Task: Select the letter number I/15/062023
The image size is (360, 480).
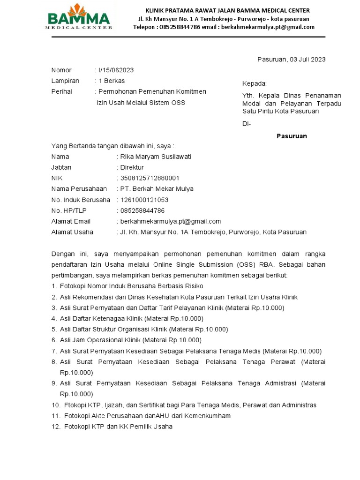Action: coord(116,70)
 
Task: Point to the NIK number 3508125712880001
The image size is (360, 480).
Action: coord(150,178)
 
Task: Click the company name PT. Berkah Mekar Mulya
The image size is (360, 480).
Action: coord(157,189)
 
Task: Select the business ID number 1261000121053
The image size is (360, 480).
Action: coord(144,200)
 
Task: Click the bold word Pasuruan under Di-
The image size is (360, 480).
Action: coord(292,136)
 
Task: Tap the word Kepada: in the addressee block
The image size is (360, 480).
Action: coord(254,84)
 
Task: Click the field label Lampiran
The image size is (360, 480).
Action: coord(65,81)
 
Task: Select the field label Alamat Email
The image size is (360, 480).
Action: coord(71,221)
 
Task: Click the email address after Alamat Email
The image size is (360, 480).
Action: coord(170,221)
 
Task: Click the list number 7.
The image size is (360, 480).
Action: coord(54,351)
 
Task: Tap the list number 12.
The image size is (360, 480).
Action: coord(56,427)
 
